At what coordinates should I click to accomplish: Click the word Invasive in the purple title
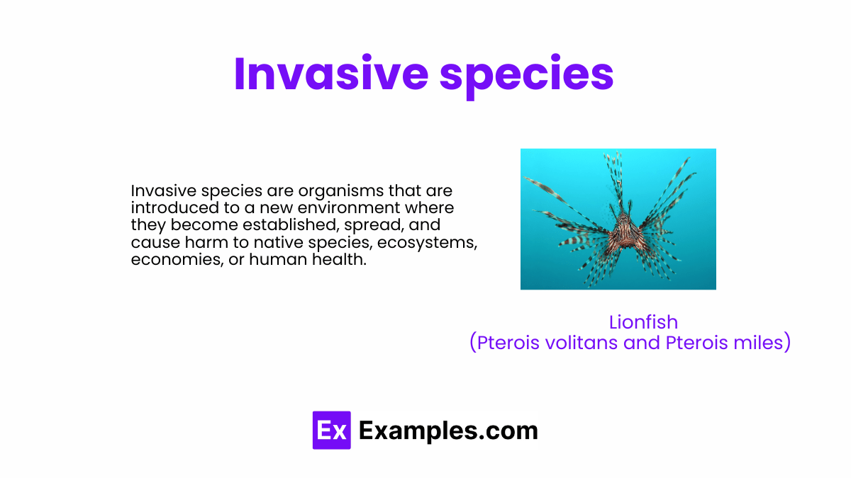coord(331,73)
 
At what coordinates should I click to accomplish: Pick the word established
coord(290,224)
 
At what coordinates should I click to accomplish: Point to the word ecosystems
coord(428,243)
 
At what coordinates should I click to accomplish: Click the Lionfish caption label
coord(643,322)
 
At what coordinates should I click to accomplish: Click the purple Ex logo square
coord(332,431)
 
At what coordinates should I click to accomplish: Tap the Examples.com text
coord(448,431)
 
